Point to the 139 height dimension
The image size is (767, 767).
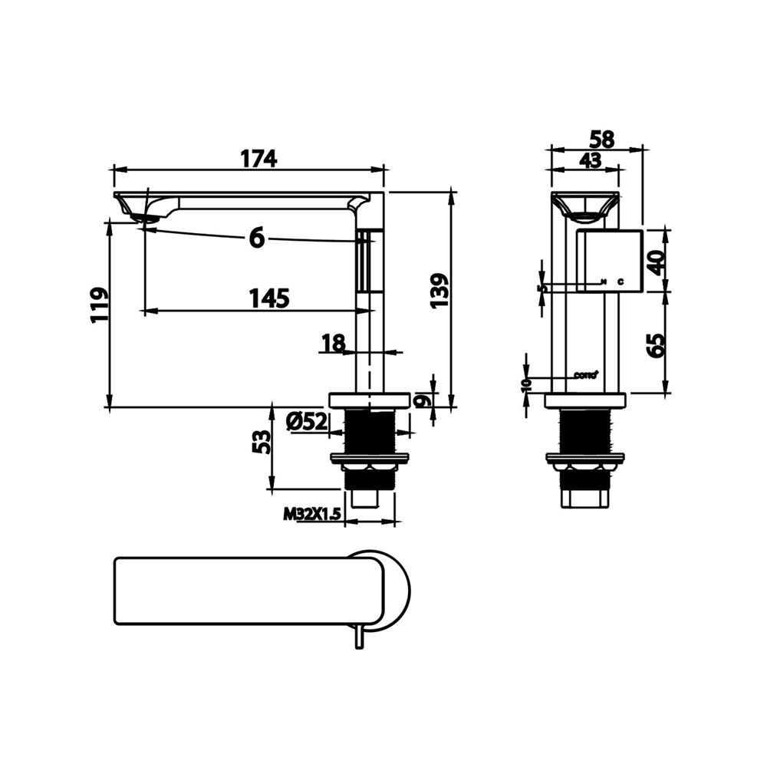pos(439,291)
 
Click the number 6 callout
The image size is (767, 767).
pos(256,239)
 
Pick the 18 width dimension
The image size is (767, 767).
pos(333,344)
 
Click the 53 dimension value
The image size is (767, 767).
pos(262,442)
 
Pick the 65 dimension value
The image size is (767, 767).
pos(656,345)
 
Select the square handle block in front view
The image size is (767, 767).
pos(608,260)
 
